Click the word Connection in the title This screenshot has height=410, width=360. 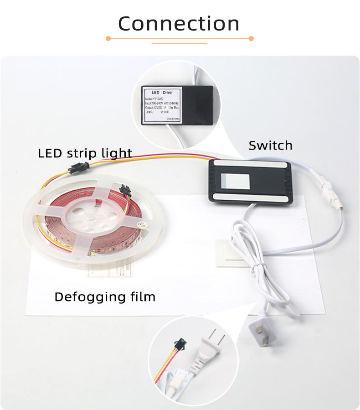point(179,24)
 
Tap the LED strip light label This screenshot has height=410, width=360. point(85,153)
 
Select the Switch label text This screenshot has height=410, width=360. point(270,145)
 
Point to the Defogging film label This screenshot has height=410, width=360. point(105,297)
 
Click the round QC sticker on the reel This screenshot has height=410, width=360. point(141,223)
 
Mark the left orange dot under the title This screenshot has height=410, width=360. point(108,39)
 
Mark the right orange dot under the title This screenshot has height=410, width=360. point(251,39)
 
